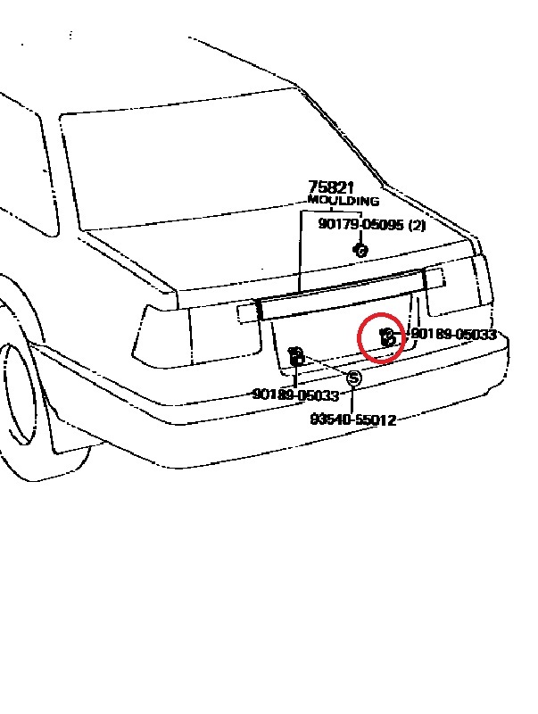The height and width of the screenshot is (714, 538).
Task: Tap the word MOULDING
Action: [x=343, y=202]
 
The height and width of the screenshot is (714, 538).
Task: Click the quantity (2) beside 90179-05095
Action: [x=417, y=225]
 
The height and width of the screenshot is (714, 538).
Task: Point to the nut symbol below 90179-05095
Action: [x=361, y=251]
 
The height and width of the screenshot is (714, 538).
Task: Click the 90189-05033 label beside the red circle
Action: [x=453, y=335]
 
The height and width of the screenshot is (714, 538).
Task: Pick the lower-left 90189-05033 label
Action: [x=295, y=394]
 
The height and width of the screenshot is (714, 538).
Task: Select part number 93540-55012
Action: [x=353, y=419]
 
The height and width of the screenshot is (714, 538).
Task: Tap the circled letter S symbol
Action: [x=353, y=378]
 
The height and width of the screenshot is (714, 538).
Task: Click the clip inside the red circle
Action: [x=387, y=336]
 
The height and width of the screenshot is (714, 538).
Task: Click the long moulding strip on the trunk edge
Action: [x=339, y=296]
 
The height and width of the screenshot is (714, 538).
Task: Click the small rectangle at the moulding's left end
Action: [x=247, y=311]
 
